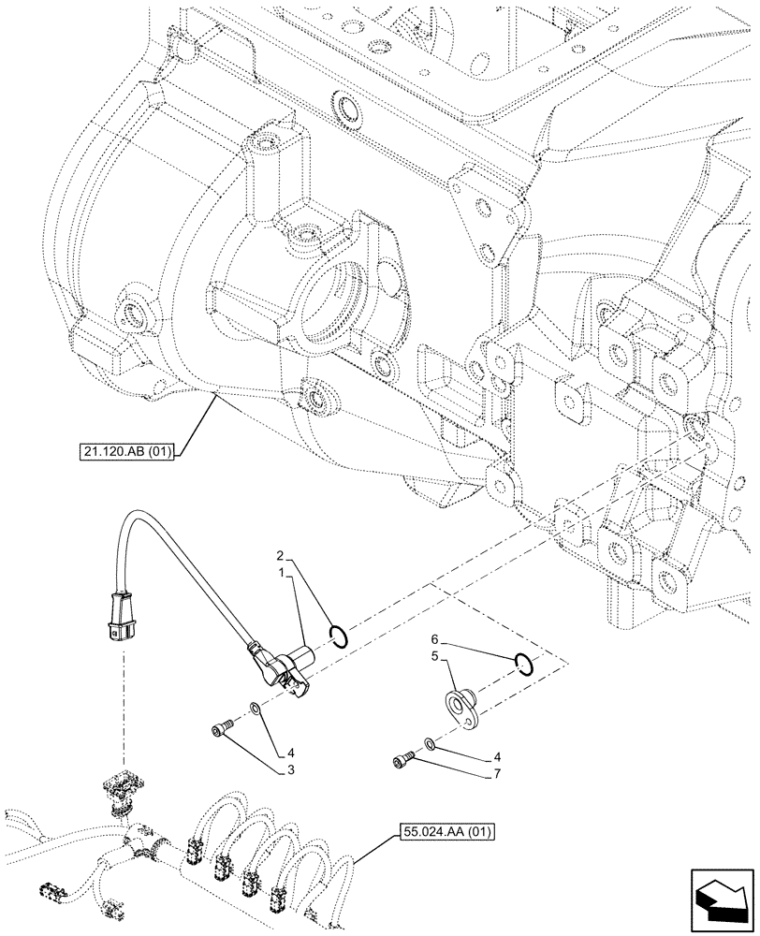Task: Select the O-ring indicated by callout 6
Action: click(524, 664)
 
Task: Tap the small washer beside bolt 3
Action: click(255, 711)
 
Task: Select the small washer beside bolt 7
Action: click(428, 744)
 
